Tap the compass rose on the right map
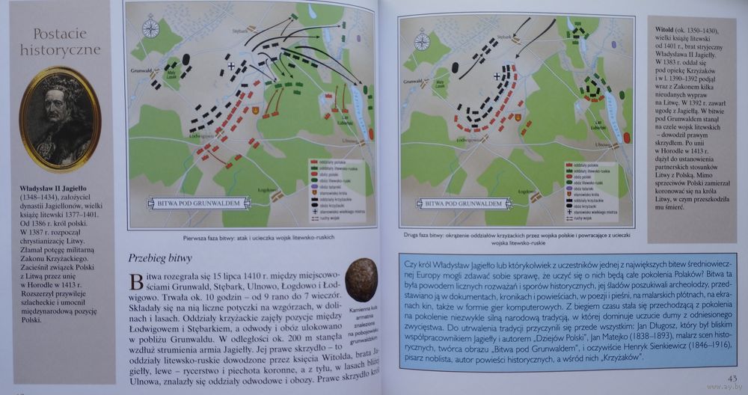click(425, 39)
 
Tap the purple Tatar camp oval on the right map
click(625, 138)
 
